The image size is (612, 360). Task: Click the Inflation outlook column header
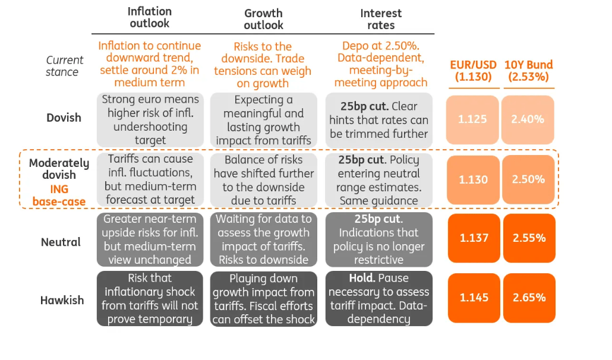click(x=150, y=18)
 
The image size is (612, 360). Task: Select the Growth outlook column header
click(x=263, y=19)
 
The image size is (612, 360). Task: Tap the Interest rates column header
click(x=381, y=19)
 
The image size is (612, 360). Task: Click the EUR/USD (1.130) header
click(x=473, y=71)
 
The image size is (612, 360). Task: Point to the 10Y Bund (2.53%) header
click(x=528, y=71)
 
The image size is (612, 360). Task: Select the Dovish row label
click(x=64, y=118)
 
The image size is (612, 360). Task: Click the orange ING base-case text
click(x=59, y=195)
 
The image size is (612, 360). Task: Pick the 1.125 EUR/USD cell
click(x=473, y=119)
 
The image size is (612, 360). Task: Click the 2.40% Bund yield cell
click(x=528, y=119)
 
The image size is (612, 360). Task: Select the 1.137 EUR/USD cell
click(x=474, y=238)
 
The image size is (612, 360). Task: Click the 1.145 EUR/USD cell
click(x=474, y=298)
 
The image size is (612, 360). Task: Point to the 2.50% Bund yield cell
click(x=528, y=179)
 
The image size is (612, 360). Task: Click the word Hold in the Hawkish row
click(x=361, y=278)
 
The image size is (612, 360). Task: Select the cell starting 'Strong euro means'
click(x=150, y=119)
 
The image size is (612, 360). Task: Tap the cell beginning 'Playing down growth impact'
click(x=263, y=298)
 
